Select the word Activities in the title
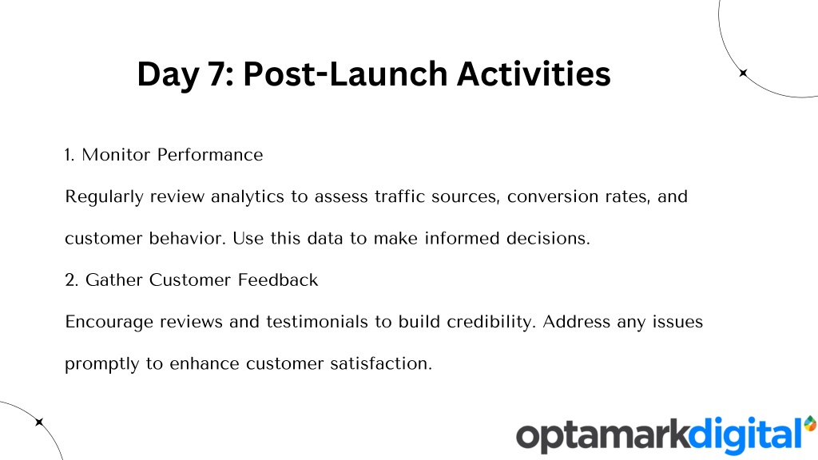pyautogui.click(x=534, y=73)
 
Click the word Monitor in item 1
pyautogui.click(x=116, y=155)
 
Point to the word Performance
pyautogui.click(x=210, y=155)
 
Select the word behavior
pyautogui.click(x=187, y=238)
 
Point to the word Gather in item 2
pyautogui.click(x=114, y=280)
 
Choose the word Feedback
pyautogui.click(x=278, y=280)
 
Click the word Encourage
pyautogui.click(x=109, y=323)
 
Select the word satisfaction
pyautogui.click(x=381, y=363)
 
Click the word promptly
pyautogui.click(x=102, y=364)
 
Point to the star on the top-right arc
pyautogui.click(x=744, y=73)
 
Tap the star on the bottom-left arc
pyautogui.click(x=39, y=422)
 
